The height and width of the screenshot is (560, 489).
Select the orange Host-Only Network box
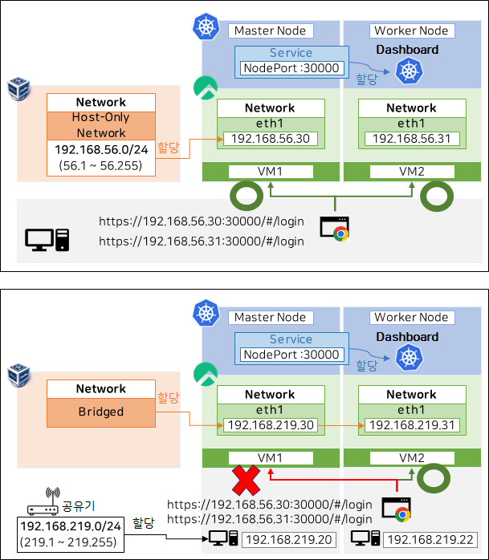tap(100, 125)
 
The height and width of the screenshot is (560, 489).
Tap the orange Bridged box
tap(100, 412)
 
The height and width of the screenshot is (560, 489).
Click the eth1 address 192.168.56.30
tap(270, 139)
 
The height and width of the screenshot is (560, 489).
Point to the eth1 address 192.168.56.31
tap(411, 139)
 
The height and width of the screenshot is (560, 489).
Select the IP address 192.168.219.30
tap(270, 425)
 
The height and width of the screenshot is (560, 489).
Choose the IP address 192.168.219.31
tap(411, 425)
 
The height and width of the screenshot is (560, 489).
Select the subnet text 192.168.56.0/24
tap(100, 150)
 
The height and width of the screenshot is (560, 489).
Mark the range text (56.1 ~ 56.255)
tap(100, 165)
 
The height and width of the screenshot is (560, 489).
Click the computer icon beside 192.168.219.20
tap(222, 540)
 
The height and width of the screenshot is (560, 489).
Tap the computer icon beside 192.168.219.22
tap(365, 540)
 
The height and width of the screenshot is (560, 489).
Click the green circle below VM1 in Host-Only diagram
tap(247, 195)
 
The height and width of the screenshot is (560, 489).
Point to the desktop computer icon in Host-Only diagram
tap(47, 238)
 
